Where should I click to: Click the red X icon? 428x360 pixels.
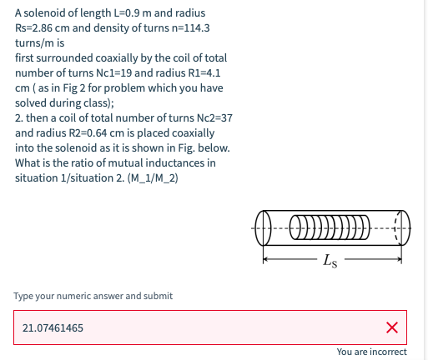pyautogui.click(x=392, y=327)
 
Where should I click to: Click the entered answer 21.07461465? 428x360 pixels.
pyautogui.click(x=53, y=328)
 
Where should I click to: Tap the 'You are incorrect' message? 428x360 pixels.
pyautogui.click(x=372, y=352)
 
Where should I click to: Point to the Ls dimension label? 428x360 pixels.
pyautogui.click(x=330, y=261)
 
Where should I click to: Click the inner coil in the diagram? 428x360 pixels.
pyautogui.click(x=330, y=227)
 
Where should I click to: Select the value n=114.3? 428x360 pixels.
pyautogui.click(x=190, y=28)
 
